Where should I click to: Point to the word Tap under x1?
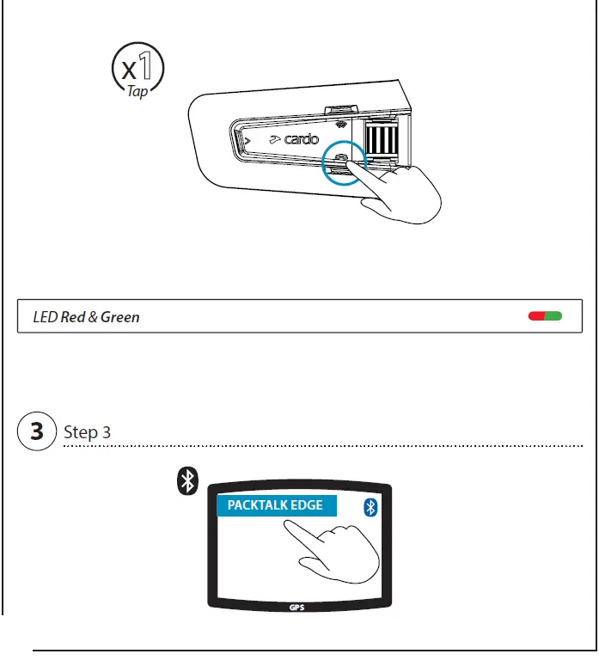point(138,92)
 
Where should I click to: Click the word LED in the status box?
point(46,317)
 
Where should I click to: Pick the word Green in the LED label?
point(120,317)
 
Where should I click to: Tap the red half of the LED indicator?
point(537,316)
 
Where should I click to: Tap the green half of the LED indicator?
point(553,316)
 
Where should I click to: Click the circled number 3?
point(37,431)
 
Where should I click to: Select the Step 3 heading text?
point(87,431)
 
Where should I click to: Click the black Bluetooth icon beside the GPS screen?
point(186,482)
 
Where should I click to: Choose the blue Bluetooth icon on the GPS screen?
point(371,507)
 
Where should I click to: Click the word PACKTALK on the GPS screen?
point(257,505)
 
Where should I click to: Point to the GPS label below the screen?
point(297,607)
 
